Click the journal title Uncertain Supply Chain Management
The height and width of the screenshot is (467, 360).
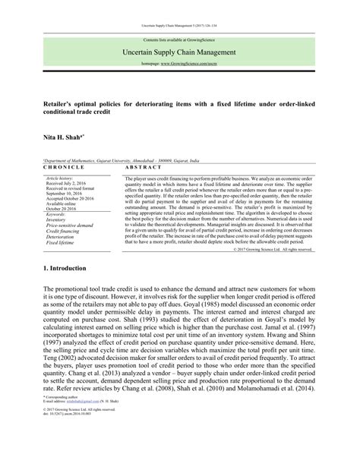[x=179, y=52]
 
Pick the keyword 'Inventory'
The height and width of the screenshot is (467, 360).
[x=58, y=220]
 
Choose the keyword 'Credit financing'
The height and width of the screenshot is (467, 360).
[x=63, y=231]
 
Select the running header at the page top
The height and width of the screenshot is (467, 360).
[x=179, y=24]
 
